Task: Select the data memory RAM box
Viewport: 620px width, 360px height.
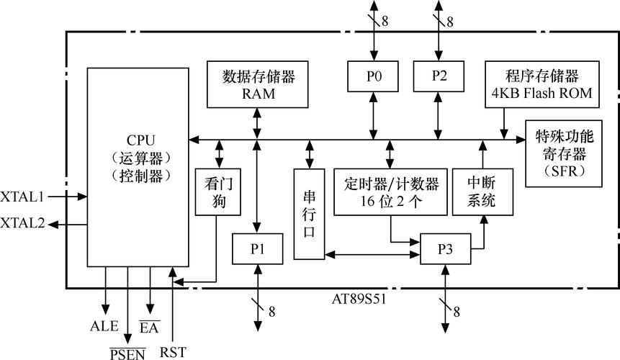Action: tap(254, 85)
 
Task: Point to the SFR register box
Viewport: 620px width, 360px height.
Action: tap(564, 153)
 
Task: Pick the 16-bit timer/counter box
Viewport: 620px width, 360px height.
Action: tap(391, 191)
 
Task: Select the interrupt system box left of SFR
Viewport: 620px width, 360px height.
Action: tap(482, 191)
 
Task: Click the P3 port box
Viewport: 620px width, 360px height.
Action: tap(446, 249)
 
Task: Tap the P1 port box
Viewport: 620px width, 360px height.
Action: tap(257, 249)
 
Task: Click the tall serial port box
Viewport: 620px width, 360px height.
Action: tap(309, 214)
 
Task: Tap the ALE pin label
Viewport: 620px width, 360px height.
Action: tap(104, 326)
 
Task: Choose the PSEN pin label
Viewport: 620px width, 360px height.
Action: tap(127, 352)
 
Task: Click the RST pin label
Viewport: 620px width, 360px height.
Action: tap(173, 352)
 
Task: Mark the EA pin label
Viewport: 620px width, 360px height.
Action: tap(149, 328)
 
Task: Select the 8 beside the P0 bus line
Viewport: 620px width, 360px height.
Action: tap(385, 21)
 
